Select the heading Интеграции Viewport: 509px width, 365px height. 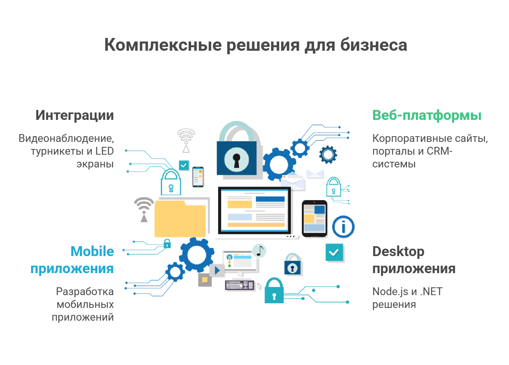[74, 115]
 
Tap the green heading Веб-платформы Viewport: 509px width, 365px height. [427, 115]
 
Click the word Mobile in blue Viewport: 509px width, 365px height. [92, 251]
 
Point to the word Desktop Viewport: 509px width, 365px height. [398, 252]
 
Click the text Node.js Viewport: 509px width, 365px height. [390, 292]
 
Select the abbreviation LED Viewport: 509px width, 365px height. [105, 151]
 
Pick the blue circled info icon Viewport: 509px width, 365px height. [343, 227]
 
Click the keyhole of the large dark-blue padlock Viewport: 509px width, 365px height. [237, 160]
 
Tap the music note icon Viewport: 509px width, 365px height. [259, 251]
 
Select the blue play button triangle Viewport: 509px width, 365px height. [217, 270]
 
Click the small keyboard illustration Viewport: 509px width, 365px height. [239, 285]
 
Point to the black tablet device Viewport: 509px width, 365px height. [315, 219]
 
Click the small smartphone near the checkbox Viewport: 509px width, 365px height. [198, 177]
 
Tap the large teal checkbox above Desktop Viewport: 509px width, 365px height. [334, 252]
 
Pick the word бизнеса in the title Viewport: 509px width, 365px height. [374, 45]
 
